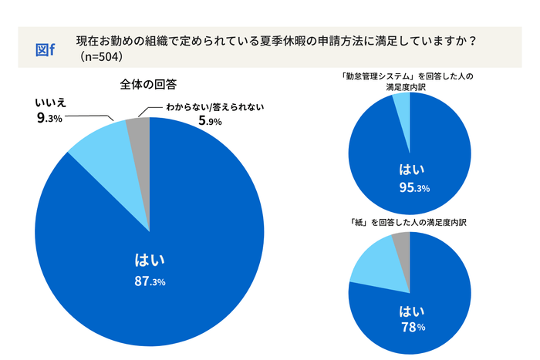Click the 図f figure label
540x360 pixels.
(46, 49)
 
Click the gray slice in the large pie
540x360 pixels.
(139, 128)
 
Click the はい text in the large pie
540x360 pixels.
(150, 260)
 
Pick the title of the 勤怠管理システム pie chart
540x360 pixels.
(408, 82)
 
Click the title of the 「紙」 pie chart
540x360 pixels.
(408, 221)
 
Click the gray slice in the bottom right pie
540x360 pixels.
(402, 243)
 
